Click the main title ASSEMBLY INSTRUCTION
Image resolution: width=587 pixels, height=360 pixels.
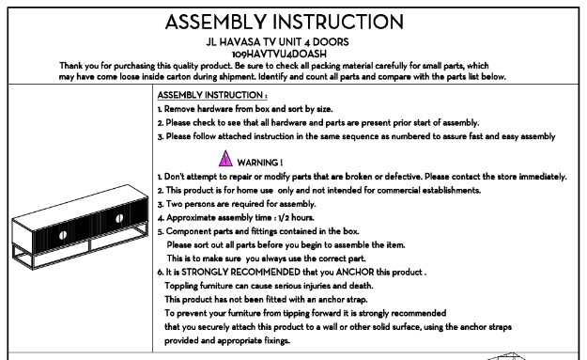285,23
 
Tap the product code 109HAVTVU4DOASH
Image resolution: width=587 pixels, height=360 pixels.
279,55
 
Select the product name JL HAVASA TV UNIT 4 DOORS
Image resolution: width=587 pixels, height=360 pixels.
277,42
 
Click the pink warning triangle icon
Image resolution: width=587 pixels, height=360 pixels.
225,158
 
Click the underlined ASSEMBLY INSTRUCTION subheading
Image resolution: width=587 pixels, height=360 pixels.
212,95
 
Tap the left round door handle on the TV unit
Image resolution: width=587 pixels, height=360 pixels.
63,235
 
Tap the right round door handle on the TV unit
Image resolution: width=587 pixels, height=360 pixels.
119,218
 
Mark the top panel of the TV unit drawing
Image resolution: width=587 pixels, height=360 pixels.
80,207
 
